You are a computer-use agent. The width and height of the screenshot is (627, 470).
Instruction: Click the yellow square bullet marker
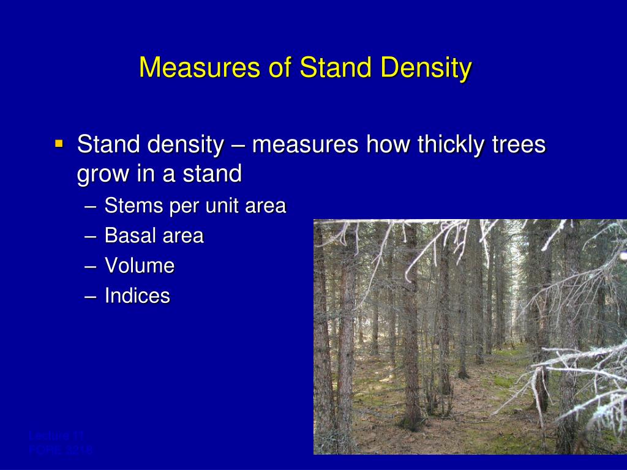coord(59,144)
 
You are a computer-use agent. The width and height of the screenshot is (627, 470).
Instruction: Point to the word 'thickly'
coord(451,146)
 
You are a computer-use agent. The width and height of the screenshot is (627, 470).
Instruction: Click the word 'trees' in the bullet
coord(519,146)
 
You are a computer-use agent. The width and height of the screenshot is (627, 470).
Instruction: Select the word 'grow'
coord(100,175)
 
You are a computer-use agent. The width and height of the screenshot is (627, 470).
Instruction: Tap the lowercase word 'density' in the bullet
coord(186,146)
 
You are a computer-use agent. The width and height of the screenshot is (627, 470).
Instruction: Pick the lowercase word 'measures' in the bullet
coord(305,146)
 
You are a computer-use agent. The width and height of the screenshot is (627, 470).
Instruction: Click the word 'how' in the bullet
coord(388,146)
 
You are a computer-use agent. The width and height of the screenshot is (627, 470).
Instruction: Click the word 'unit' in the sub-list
coord(222,206)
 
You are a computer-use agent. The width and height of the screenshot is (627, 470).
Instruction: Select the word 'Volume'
coord(140,266)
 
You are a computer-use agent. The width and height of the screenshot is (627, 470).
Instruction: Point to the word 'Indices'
coord(137,296)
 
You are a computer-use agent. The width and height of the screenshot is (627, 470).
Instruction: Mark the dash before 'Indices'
coord(91,297)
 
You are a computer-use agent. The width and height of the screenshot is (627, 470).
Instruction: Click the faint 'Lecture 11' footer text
coord(56,436)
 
